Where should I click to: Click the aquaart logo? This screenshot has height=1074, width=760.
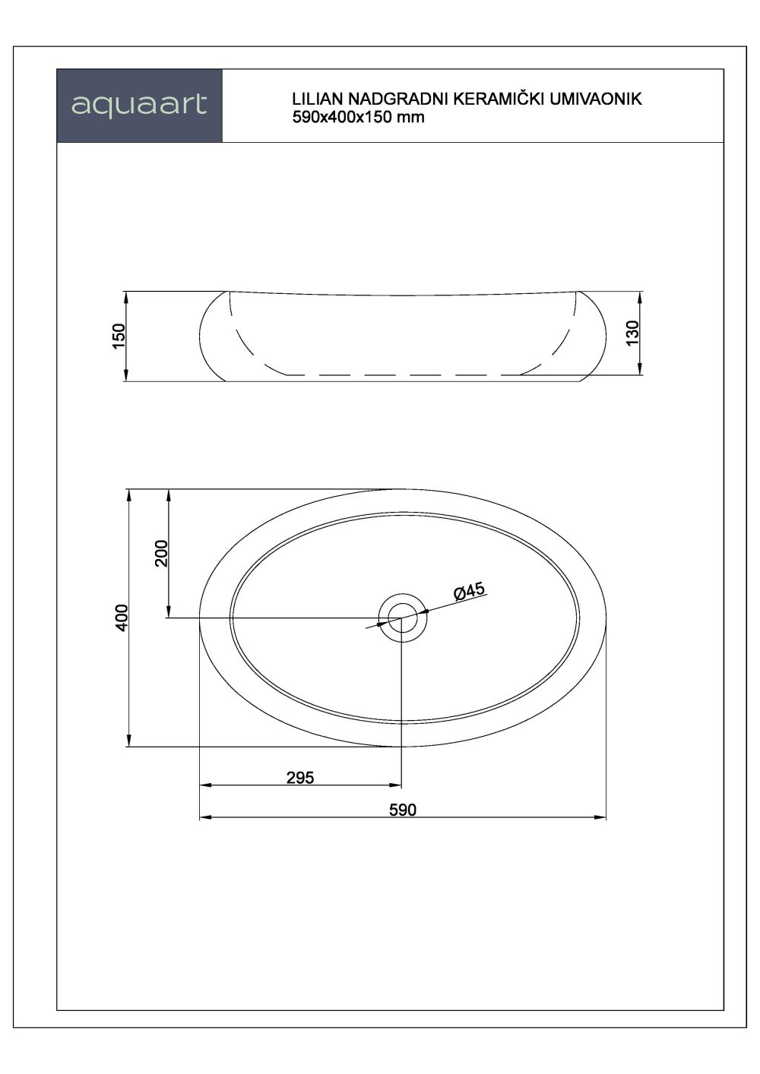click(x=139, y=106)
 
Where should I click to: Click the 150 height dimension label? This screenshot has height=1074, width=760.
click(x=119, y=336)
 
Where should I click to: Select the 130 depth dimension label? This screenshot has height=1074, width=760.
click(x=633, y=333)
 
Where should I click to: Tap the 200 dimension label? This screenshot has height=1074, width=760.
click(x=162, y=553)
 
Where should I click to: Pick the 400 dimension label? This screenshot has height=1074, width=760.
click(x=122, y=618)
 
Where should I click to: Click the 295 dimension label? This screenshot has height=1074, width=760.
click(x=300, y=777)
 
